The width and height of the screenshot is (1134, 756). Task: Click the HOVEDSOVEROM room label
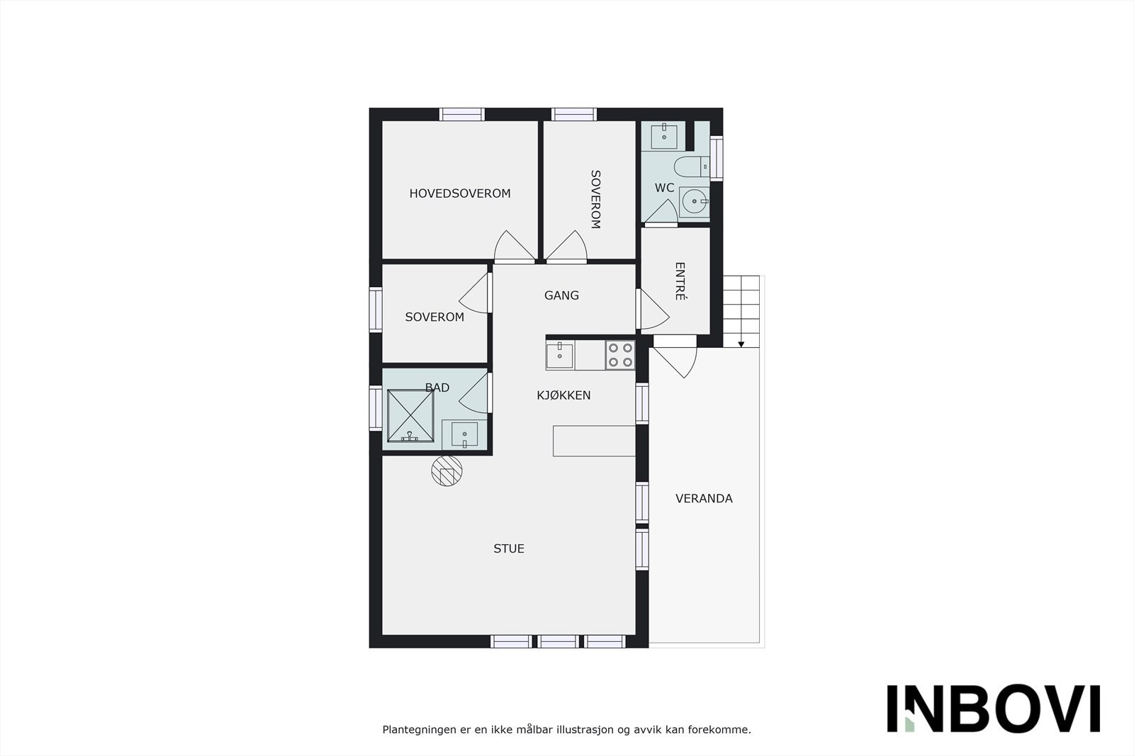(459, 193)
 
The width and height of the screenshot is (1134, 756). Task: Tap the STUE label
(509, 548)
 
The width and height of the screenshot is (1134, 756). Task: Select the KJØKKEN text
(563, 395)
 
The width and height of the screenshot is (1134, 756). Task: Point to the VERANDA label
(704, 499)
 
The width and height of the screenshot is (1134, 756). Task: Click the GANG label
(561, 295)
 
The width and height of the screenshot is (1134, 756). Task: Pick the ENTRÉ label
(680, 281)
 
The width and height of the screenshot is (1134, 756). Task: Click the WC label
(664, 188)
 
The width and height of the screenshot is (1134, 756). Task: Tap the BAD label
(437, 388)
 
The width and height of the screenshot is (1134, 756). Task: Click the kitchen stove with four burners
(620, 355)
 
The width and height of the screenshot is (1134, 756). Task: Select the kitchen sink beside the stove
(560, 354)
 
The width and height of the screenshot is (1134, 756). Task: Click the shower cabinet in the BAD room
(410, 416)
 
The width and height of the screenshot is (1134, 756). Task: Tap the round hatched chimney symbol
(447, 470)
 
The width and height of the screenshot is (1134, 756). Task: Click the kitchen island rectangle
(594, 441)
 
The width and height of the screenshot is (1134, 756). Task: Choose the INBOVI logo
(993, 709)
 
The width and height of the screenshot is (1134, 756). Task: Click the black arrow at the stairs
(741, 344)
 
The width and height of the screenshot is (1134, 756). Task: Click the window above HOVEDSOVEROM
(461, 114)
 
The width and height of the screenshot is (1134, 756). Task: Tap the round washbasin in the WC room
(694, 202)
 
